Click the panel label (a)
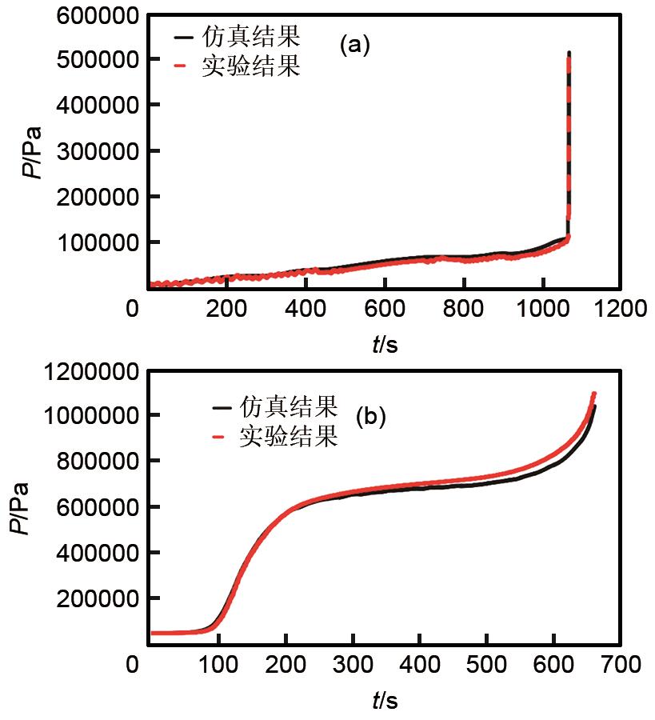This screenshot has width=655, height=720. point(355,46)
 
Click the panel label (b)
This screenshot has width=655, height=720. point(372,416)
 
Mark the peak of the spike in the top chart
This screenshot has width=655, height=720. point(569,54)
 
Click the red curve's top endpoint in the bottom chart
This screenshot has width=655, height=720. point(593,394)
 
